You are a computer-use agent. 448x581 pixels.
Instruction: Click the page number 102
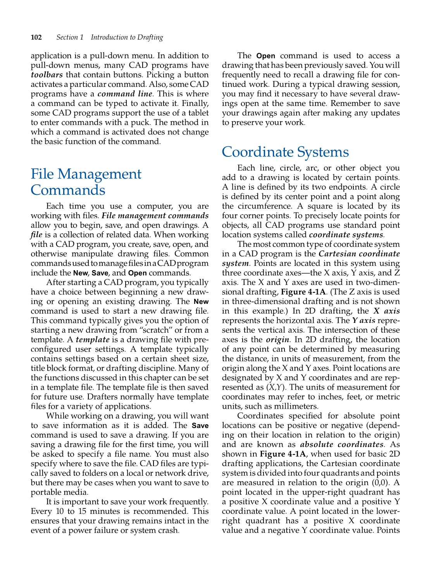[36, 37]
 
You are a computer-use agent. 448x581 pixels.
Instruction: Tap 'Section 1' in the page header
[70, 37]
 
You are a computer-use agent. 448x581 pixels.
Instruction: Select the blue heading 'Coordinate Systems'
[285, 152]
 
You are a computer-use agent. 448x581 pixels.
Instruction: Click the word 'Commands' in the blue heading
[68, 190]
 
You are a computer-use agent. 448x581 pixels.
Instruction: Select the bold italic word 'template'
[92, 340]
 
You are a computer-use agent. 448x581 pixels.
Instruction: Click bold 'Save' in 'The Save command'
[200, 426]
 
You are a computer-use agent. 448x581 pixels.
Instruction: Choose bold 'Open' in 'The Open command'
[266, 56]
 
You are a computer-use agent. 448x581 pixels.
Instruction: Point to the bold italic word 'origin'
[277, 340]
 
